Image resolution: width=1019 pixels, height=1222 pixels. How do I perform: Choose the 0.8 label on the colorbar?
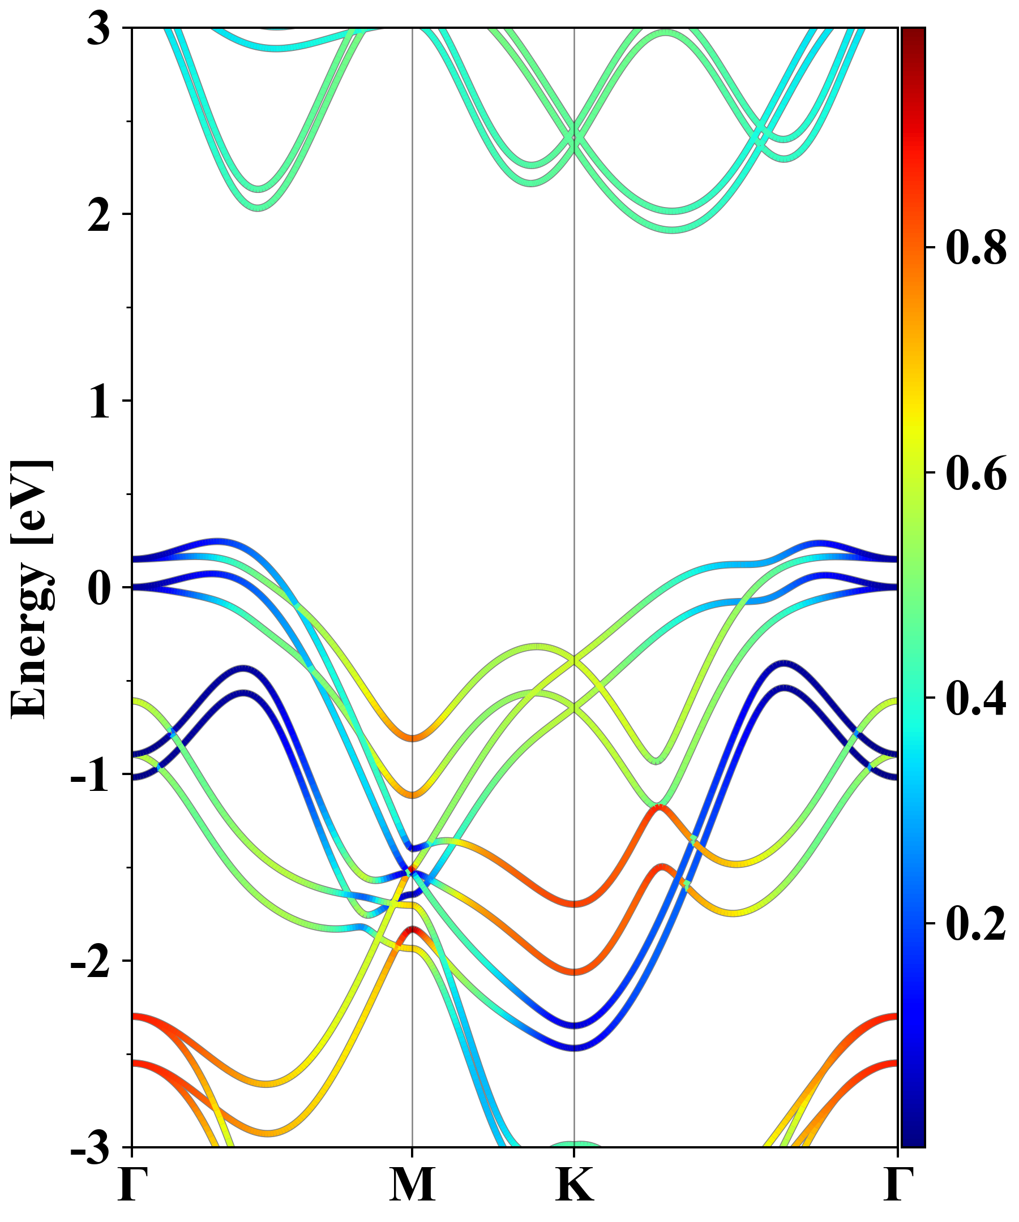pyautogui.click(x=976, y=247)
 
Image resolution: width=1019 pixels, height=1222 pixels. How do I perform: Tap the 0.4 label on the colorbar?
pyautogui.click(x=976, y=698)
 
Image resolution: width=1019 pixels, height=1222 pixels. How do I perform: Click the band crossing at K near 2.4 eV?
pyautogui.click(x=575, y=138)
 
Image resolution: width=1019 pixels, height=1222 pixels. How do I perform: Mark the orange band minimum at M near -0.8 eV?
pyautogui.click(x=412, y=738)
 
